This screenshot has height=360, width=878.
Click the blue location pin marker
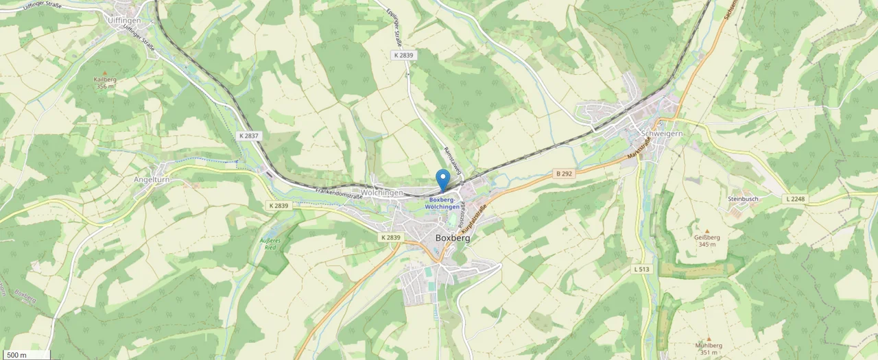[443, 178]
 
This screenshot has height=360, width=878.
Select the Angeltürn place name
[152, 180]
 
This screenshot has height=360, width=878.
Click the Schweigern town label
[661, 134]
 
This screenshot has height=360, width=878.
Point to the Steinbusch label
[743, 199]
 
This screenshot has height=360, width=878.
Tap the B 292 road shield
[564, 174]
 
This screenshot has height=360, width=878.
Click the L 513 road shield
[641, 269]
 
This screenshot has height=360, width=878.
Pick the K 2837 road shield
[249, 136]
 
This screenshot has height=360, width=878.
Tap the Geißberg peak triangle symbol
[707, 231]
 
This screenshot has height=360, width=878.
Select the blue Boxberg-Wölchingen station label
[442, 203]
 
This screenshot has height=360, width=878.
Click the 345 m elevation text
[707, 245]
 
